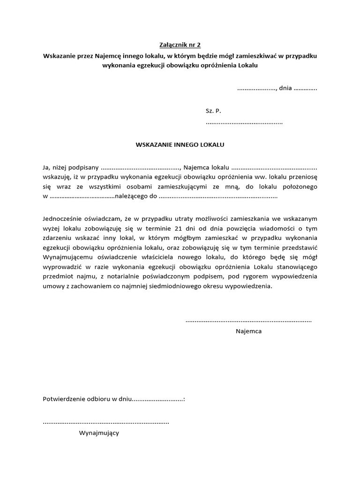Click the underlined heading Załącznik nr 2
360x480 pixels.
180,45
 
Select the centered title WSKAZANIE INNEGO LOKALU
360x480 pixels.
180,144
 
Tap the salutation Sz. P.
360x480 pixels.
213,111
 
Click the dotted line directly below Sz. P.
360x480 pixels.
244,122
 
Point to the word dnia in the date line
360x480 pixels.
285,88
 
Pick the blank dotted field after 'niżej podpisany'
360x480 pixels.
140,168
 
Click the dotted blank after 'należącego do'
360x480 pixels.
218,197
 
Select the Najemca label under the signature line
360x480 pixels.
248,331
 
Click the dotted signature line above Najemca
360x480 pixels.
248,321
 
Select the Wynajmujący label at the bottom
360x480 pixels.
98,433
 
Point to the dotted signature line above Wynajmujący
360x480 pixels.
106,422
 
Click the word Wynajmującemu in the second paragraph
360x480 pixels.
69,257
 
